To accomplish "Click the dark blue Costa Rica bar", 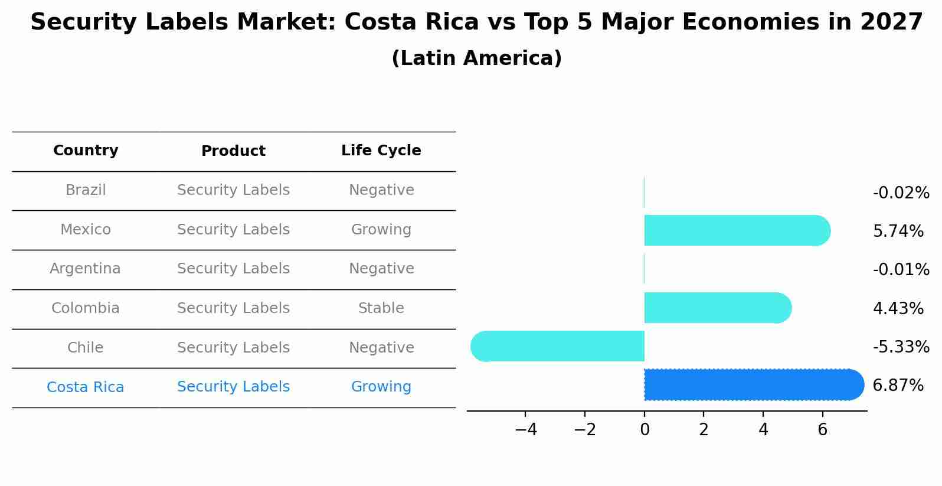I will [x=753, y=384].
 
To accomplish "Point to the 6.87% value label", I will [x=898, y=386].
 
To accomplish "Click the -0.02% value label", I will [x=901, y=193].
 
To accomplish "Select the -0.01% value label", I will [x=901, y=270].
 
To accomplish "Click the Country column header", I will [x=86, y=151].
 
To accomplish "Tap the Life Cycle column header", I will [x=381, y=151].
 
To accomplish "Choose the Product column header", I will [x=233, y=151].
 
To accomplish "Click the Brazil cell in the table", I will [x=86, y=190].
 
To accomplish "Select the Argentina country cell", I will [x=85, y=269].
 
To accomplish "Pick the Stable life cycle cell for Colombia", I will [x=381, y=308].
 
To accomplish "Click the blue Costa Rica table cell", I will [x=85, y=387].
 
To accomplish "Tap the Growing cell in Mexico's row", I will [x=381, y=230].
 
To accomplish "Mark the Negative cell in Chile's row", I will [x=381, y=348].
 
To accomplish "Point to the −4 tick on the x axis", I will [x=525, y=430].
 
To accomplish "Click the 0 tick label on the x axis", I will [x=645, y=430].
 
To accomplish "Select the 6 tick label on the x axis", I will [x=822, y=430].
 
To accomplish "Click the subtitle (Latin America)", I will [x=476, y=58].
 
